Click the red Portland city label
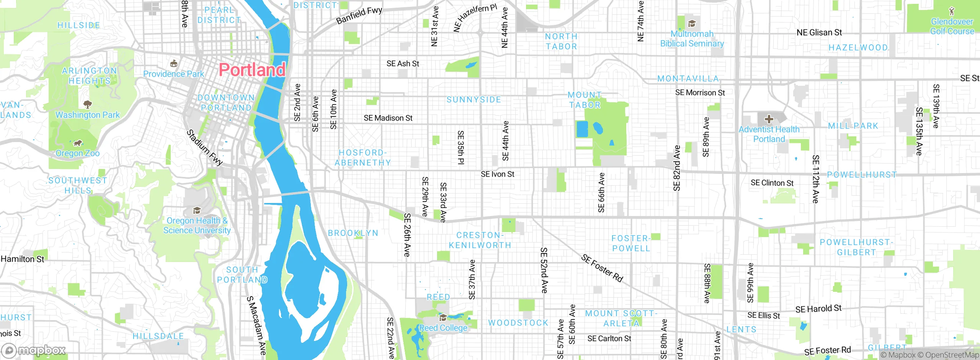pos(252,70)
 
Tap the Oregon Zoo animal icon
pos(78,143)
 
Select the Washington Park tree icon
pos(88,104)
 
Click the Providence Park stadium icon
pos(173,63)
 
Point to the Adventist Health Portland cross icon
pos(769,119)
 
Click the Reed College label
pos(443,328)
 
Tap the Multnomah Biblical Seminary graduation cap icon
pos(691,24)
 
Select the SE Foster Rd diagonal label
pos(602,268)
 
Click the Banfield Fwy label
pos(359,15)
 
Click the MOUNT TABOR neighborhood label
pos(585,100)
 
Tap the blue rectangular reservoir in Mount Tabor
pos(582,129)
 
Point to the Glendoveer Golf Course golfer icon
pos(952,11)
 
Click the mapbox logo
pos(34,350)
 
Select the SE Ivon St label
pos(497,174)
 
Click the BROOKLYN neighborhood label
pos(353,233)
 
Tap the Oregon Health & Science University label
pos(197,225)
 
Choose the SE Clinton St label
pos(772,183)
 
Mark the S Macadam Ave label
pos(256,325)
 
